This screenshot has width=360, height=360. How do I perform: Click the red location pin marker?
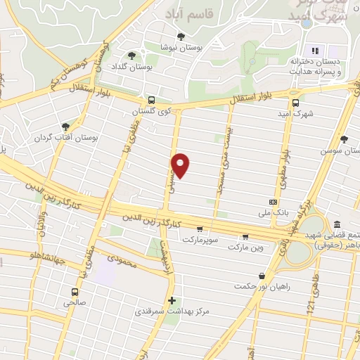[182, 165]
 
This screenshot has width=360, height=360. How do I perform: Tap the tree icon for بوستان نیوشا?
[181, 37]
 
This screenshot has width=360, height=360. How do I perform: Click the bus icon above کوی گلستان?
[151, 101]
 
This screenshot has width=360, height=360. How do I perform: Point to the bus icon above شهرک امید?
[295, 102]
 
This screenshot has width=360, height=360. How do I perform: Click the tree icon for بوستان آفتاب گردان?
[66, 127]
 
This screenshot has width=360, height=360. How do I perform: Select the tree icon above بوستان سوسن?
[344, 139]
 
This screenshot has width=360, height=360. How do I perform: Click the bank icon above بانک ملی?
[273, 202]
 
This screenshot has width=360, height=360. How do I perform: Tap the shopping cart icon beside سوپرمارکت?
[200, 229]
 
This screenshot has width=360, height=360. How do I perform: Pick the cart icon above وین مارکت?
[245, 236]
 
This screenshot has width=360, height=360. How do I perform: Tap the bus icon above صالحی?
[74, 292]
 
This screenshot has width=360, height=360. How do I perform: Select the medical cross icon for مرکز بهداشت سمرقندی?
[172, 300]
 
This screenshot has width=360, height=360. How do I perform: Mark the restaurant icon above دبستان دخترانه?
[315, 50]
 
